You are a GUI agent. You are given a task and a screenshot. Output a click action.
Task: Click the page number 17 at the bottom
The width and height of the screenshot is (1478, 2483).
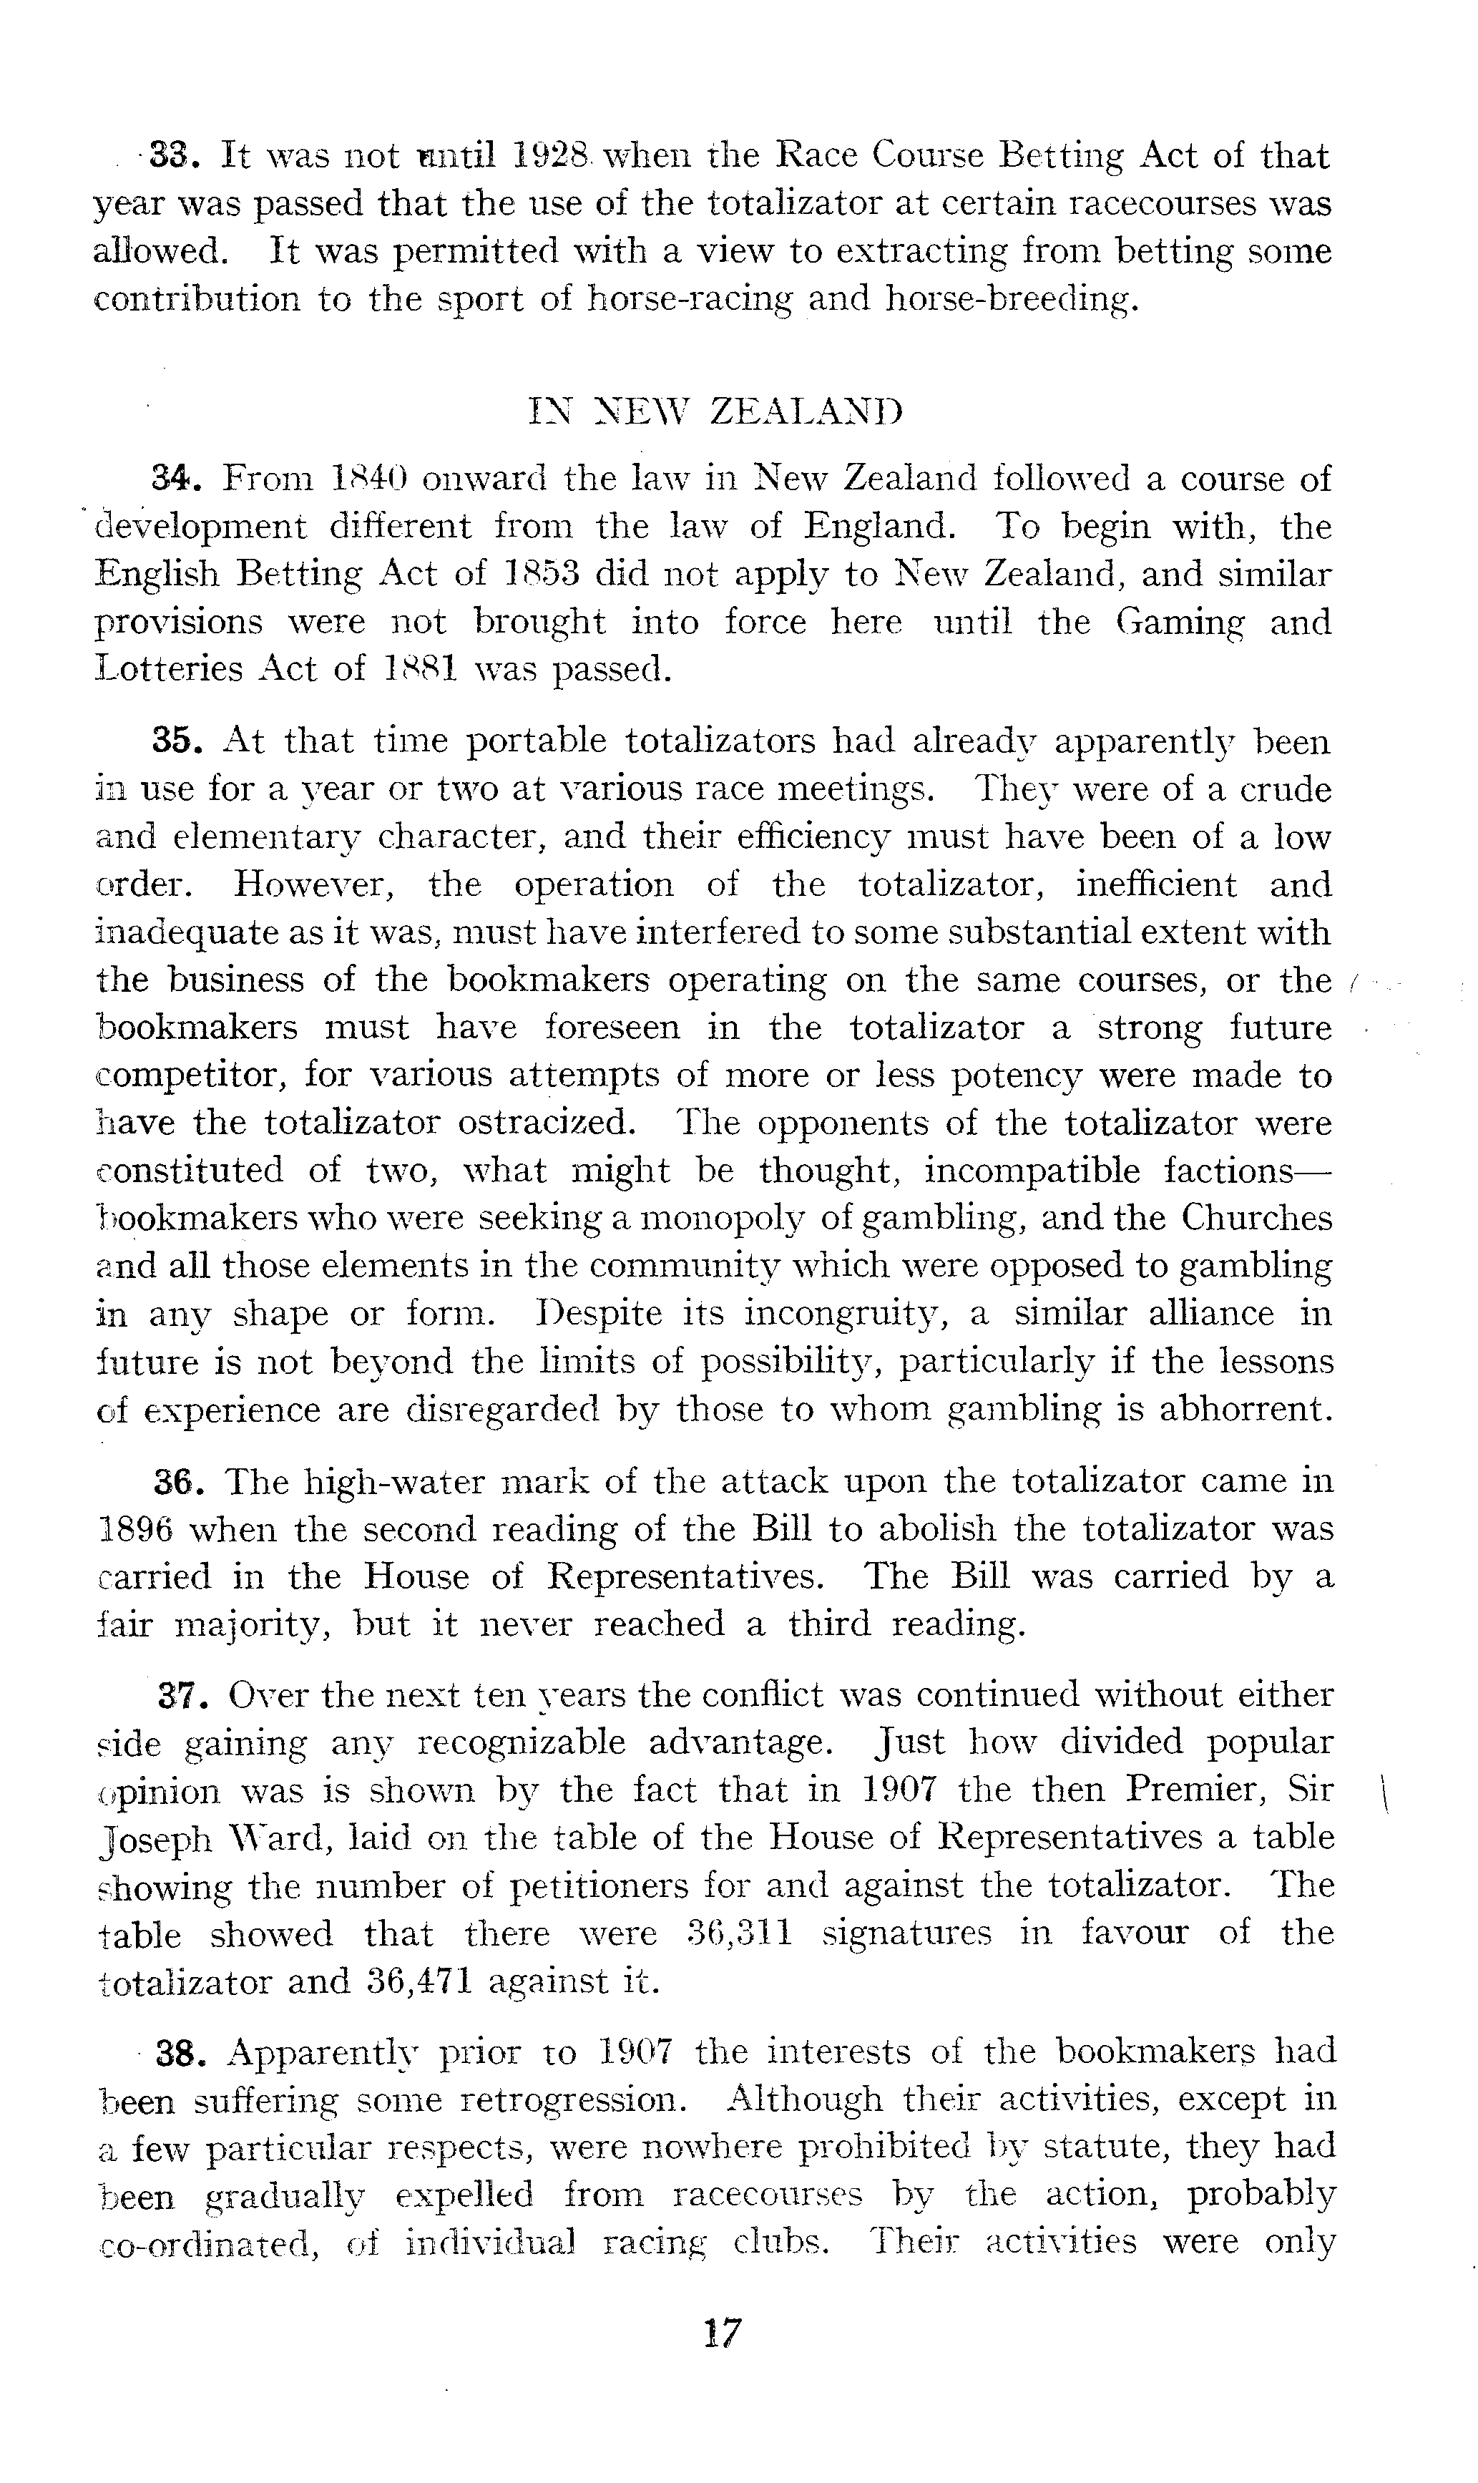722,2333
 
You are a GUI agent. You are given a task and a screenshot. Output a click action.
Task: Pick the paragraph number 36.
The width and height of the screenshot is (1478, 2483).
180,1482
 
